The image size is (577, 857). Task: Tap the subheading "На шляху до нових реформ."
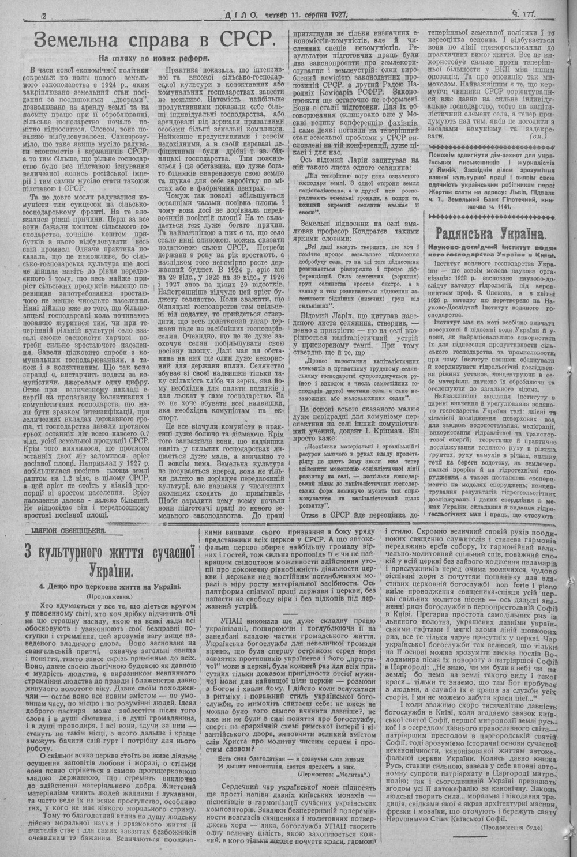(x=152, y=58)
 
